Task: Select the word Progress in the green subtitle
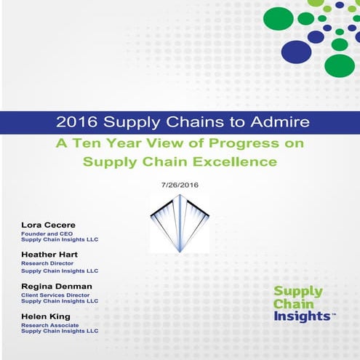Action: tap(245, 143)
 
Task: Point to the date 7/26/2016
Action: tap(179, 185)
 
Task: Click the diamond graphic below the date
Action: tap(179, 222)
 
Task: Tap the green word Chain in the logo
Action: tap(290, 304)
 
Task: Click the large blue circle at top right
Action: tap(295, 51)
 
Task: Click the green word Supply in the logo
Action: tap(294, 292)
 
